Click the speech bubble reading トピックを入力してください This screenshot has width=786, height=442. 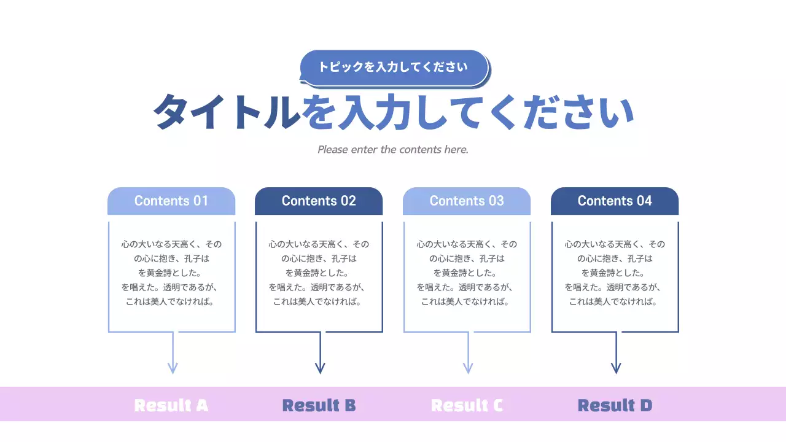click(393, 67)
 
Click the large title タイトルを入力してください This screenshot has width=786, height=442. click(393, 112)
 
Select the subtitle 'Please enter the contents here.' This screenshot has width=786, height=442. click(393, 149)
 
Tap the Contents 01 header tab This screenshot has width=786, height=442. click(171, 201)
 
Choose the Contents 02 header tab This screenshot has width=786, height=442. click(319, 201)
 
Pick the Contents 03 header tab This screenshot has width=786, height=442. click(467, 201)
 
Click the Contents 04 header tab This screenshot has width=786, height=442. click(615, 201)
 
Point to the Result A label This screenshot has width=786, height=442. click(171, 405)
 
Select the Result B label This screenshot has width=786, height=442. click(319, 405)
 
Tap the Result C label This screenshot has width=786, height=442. click(467, 405)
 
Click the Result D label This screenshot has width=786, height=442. click(615, 405)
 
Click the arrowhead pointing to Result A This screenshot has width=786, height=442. click(173, 368)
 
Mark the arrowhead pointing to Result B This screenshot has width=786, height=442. click(320, 368)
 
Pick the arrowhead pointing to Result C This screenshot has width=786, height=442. click(468, 368)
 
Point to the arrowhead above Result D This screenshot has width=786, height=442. click(616, 368)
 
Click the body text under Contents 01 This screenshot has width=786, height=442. click(171, 273)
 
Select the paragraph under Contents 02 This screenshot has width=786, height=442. click(319, 273)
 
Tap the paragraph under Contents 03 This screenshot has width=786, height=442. click(467, 273)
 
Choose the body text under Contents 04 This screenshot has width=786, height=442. click(615, 273)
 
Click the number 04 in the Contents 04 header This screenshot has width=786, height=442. click(644, 201)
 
